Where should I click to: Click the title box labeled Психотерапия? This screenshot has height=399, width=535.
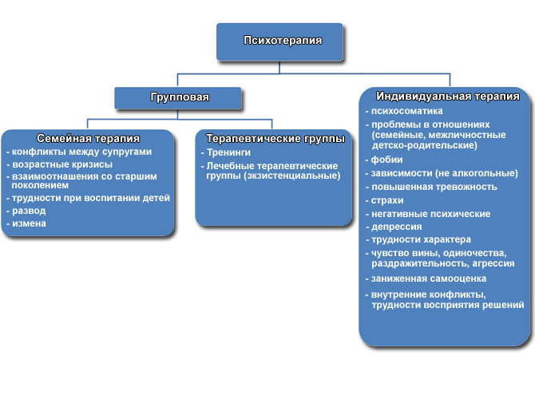click(279, 42)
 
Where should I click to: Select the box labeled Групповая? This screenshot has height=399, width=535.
click(178, 98)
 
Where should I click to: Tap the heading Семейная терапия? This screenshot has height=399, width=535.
click(89, 139)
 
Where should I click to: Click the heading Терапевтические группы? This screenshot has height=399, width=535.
click(275, 139)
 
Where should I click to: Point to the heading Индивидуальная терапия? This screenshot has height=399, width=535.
click(448, 97)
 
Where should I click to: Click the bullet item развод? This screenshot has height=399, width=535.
click(29, 211)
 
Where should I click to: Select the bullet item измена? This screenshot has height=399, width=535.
click(29, 223)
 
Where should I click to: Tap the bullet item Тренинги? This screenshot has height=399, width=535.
click(228, 152)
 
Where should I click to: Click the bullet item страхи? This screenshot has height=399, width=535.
click(387, 200)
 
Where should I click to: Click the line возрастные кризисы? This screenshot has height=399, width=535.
click(62, 164)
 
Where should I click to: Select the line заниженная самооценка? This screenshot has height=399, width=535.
click(429, 279)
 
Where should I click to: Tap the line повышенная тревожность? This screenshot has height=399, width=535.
click(434, 187)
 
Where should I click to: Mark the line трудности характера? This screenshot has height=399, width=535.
click(421, 239)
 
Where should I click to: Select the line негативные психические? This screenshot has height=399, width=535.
click(431, 214)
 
